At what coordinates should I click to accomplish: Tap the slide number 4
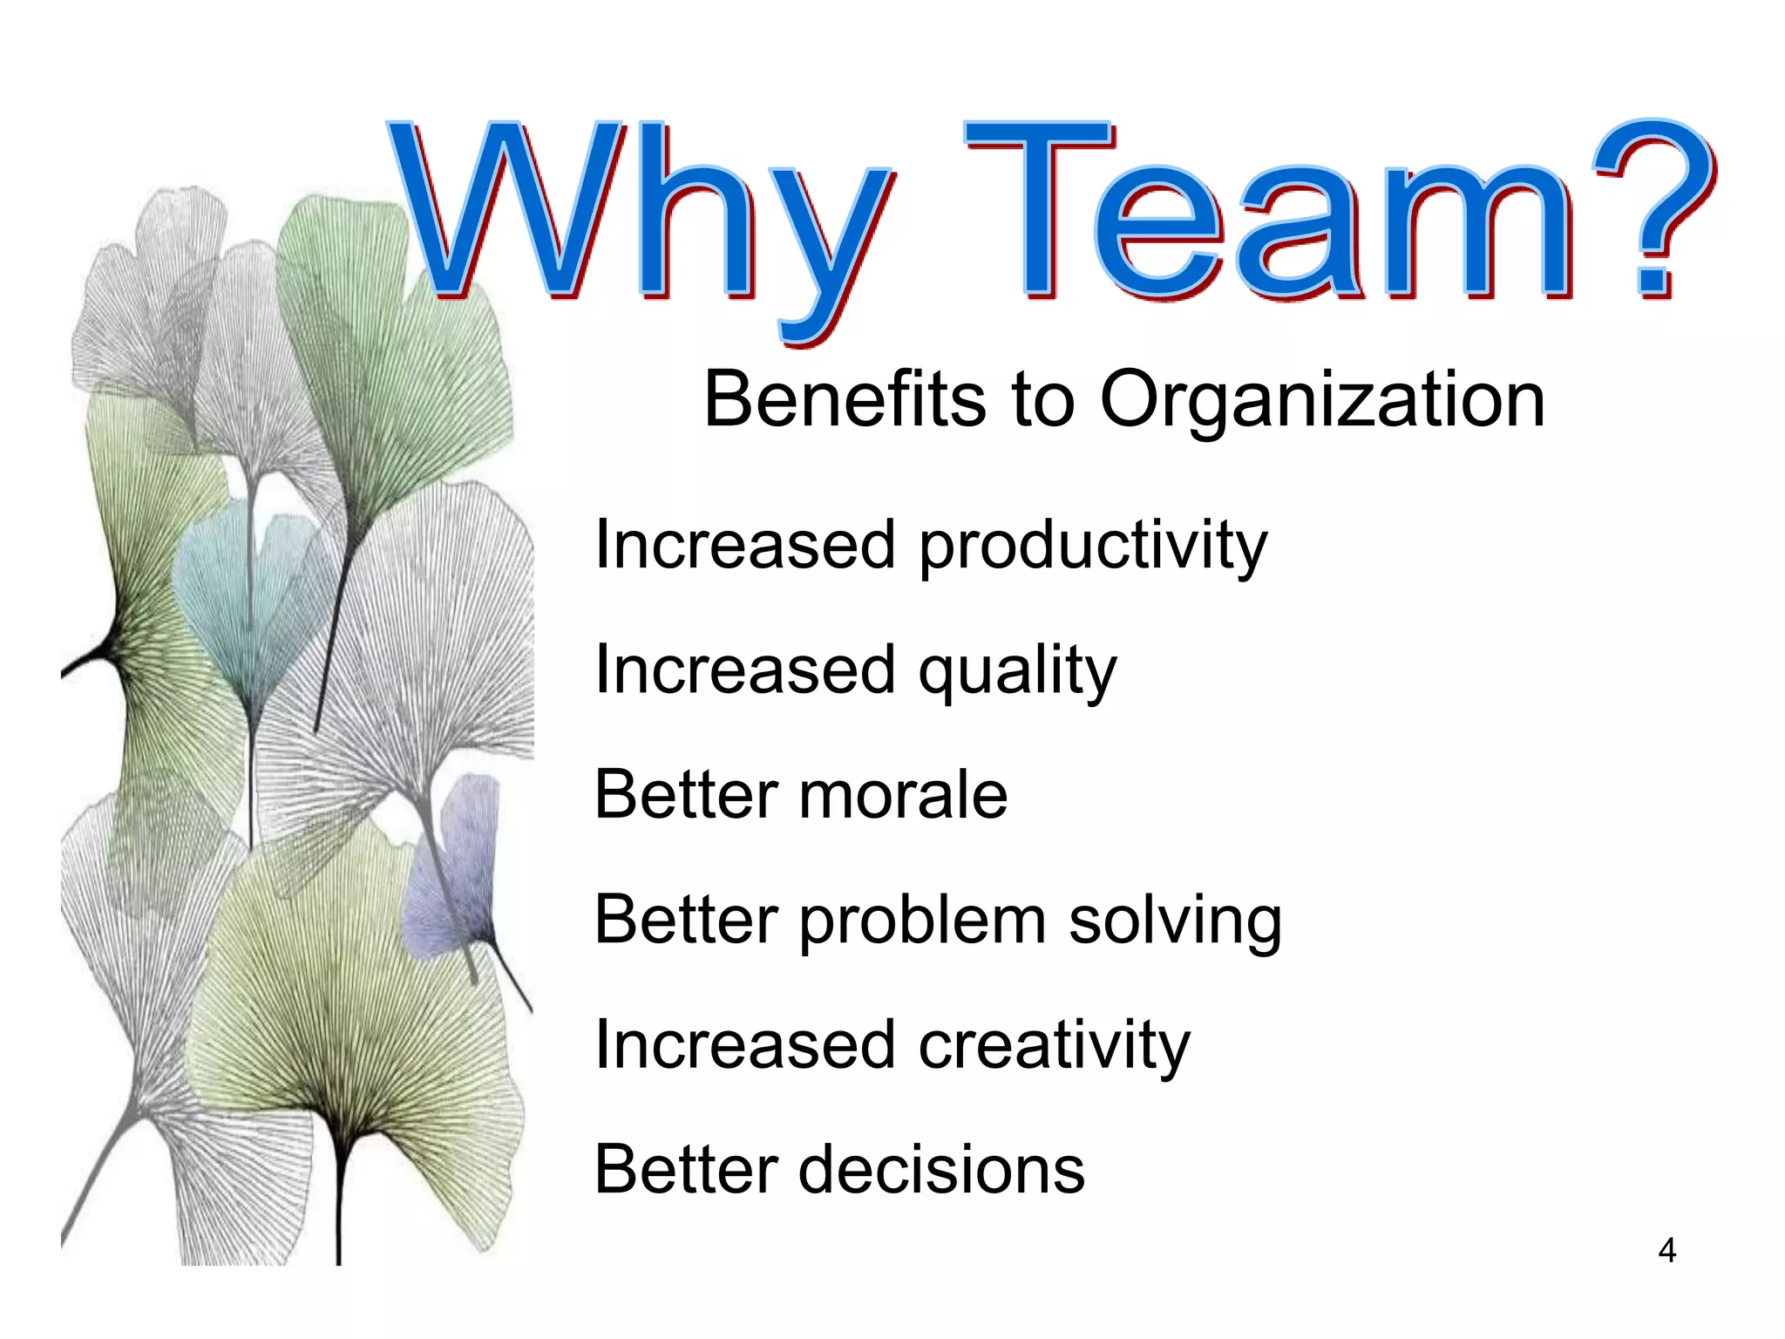coord(1666,1251)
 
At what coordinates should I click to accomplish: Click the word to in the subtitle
coord(1042,401)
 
